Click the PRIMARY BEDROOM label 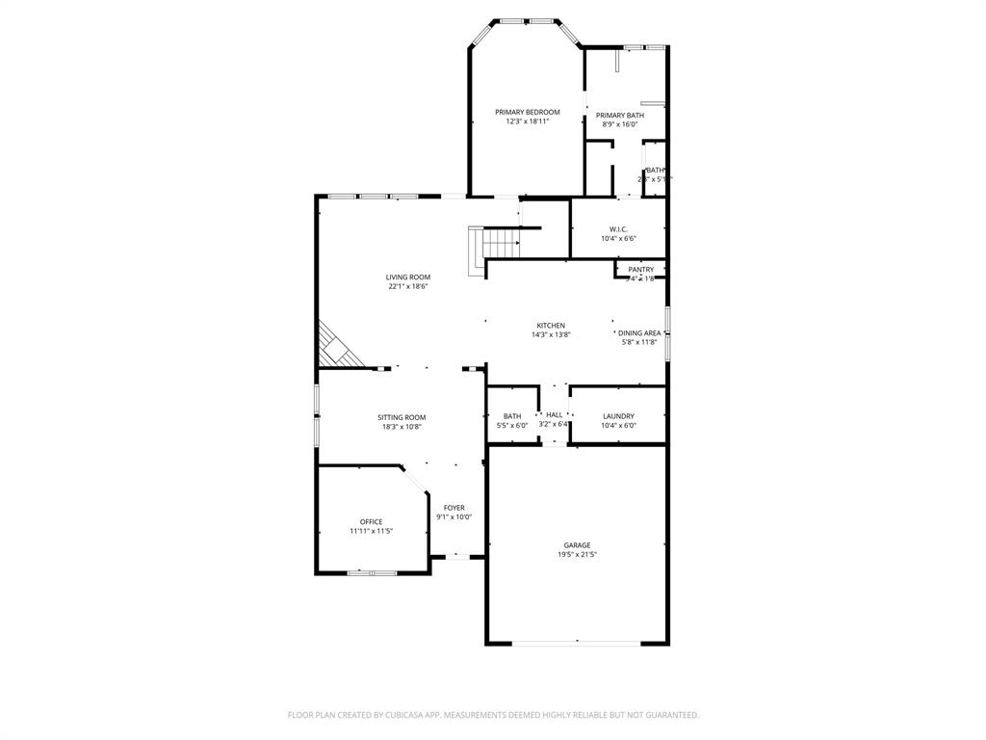point(528,112)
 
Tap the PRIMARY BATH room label point(620,115)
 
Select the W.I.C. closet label point(618,228)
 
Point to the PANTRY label point(640,269)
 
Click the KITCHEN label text point(551,325)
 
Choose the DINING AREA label point(639,332)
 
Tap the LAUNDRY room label point(618,415)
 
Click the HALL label point(554,414)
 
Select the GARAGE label point(577,544)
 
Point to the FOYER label point(454,507)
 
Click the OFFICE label point(371,521)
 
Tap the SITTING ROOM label point(402,417)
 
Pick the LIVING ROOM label point(408,277)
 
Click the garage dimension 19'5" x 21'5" point(577,554)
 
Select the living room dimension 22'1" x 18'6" point(408,286)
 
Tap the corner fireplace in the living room point(337,350)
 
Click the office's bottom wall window point(372,572)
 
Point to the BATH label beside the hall point(512,415)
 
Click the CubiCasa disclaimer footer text point(493,714)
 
